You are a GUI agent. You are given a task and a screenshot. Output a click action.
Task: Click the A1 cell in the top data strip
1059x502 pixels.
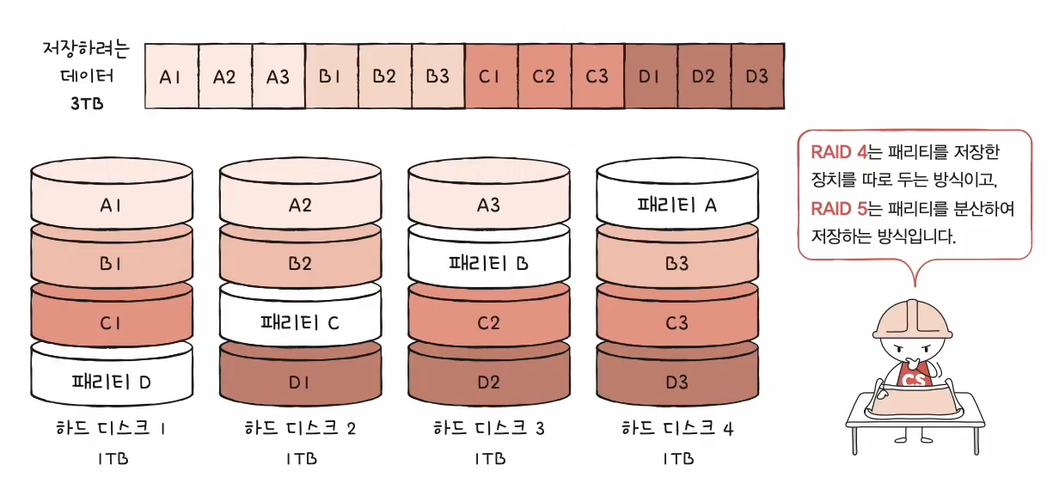pos(171,77)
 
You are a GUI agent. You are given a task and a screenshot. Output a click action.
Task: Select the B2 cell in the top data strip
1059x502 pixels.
pos(384,77)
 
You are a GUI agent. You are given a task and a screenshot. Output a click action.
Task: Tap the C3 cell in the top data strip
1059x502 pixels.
pos(597,77)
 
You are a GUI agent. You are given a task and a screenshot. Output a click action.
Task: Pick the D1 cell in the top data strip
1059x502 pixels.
pos(651,77)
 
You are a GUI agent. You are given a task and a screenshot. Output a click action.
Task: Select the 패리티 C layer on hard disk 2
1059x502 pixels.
pos(300,323)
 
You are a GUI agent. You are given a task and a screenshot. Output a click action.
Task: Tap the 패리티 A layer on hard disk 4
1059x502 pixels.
pos(677,205)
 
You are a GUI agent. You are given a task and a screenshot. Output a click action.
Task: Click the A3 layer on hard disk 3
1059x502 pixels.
pos(488,205)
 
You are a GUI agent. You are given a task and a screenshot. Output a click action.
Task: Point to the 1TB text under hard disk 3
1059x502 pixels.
pos(488,458)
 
